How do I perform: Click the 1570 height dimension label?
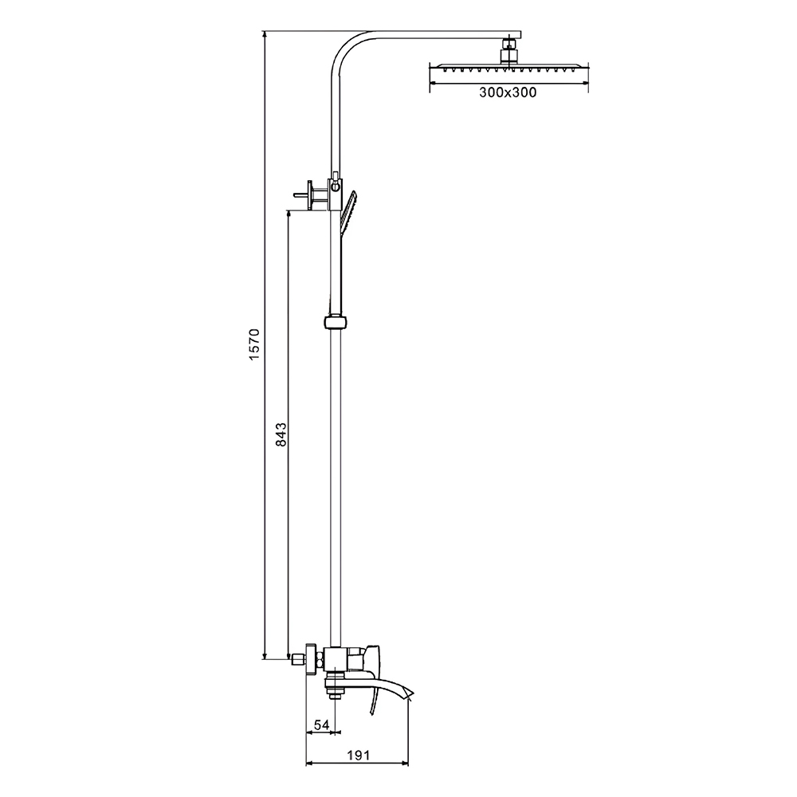254,344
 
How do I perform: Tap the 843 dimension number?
281,434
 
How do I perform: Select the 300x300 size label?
508,92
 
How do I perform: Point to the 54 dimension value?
321,724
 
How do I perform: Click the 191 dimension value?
359,756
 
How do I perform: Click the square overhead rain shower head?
508,68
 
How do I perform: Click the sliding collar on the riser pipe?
335,322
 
